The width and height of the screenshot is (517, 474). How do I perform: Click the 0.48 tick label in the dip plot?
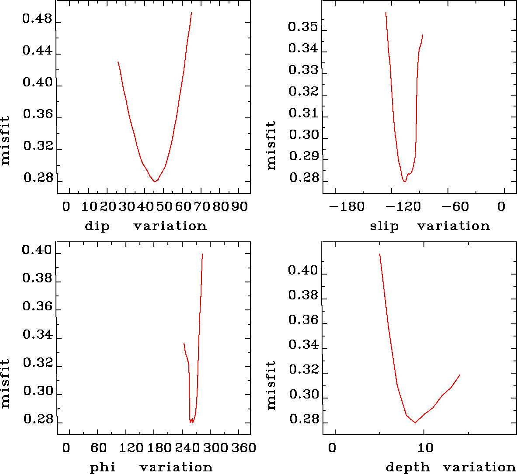pos(37,20)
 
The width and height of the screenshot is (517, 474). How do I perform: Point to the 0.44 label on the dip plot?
pos(37,52)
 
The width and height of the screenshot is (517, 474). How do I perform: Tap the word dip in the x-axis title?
pos(97,226)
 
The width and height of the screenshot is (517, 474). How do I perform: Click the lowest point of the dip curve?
pos(155,181)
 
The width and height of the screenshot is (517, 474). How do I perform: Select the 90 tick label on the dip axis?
pos(239,206)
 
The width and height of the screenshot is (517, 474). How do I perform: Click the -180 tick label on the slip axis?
pos(347,206)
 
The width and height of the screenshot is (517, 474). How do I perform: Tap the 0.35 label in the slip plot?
pos(303,27)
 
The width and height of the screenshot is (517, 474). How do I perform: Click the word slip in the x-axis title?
pos(384,226)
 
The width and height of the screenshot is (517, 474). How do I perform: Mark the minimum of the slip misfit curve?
pos(405,181)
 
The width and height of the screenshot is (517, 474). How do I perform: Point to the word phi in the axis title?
pos(103,467)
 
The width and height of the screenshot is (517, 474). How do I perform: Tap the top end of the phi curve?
pos(202,254)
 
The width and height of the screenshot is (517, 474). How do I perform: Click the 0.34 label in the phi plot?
pos(37,335)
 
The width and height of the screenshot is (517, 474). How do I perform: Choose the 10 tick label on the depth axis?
pos(425,448)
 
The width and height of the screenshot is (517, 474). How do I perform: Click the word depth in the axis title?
pos(408,467)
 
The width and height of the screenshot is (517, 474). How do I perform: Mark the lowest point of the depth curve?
pos(415,422)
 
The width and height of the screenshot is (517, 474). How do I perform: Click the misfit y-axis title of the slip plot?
pos(271,145)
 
